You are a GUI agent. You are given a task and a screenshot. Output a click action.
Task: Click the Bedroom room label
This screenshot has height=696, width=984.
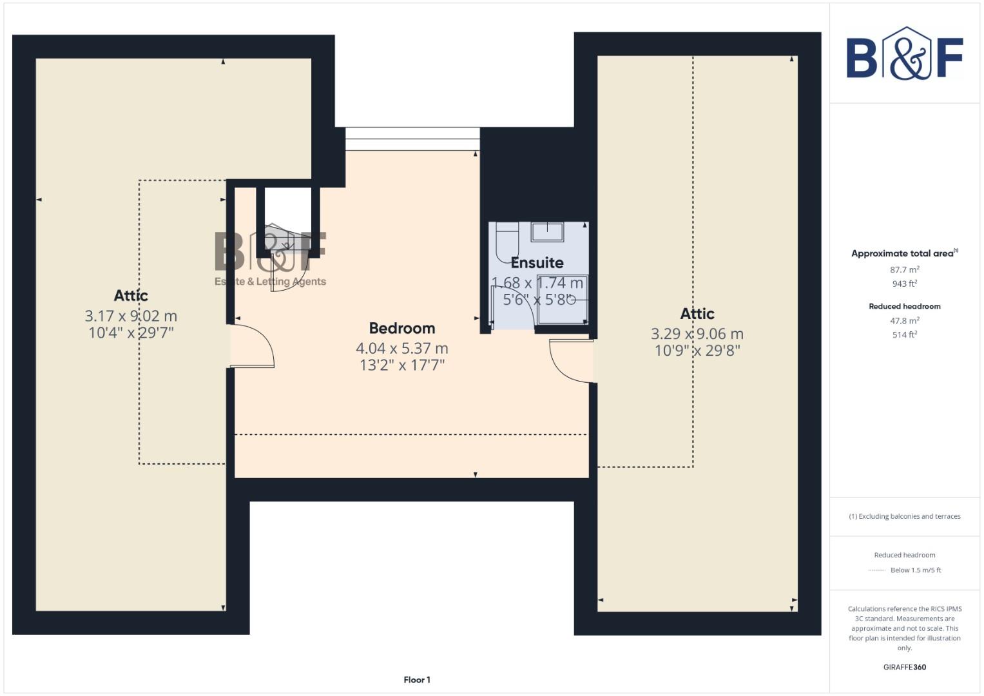click(x=401, y=328)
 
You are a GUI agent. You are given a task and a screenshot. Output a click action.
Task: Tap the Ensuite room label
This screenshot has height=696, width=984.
click(x=537, y=262)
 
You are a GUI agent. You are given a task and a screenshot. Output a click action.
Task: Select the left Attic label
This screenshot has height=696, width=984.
click(x=131, y=295)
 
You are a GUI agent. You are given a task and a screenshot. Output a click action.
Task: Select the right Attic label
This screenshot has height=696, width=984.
click(x=697, y=313)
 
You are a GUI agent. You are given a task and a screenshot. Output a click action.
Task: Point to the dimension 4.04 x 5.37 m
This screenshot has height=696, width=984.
click(x=401, y=348)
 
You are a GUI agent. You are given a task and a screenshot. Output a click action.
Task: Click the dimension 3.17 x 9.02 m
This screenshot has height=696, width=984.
click(x=131, y=316)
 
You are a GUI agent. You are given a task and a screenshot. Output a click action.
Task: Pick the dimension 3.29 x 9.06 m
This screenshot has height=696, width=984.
click(x=697, y=334)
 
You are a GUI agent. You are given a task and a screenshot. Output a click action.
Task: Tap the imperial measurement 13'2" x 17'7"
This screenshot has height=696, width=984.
click(x=401, y=365)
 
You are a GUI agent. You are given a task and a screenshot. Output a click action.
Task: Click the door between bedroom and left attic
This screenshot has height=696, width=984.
click(x=251, y=347)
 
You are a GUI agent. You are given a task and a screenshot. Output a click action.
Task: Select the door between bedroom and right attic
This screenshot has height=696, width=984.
click(x=571, y=361)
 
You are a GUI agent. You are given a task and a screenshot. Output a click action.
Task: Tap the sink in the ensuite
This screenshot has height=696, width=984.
click(x=547, y=231)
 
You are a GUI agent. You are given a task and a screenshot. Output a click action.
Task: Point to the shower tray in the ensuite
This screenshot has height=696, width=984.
click(x=562, y=299)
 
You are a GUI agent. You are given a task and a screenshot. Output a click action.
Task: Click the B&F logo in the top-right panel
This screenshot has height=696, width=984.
click(x=904, y=53)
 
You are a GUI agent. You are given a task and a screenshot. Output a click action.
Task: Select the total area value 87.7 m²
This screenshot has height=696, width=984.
click(x=904, y=269)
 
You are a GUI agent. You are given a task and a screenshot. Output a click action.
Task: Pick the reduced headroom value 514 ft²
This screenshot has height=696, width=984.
click(x=904, y=334)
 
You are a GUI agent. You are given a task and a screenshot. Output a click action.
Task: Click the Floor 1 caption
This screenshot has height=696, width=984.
click(x=417, y=679)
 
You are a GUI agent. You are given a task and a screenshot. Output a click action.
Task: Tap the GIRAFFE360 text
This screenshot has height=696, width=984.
click(x=904, y=667)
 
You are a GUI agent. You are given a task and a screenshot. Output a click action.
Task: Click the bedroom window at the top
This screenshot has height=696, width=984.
click(x=412, y=139)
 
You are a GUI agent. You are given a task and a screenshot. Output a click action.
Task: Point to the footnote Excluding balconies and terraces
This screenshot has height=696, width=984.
click(x=904, y=516)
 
